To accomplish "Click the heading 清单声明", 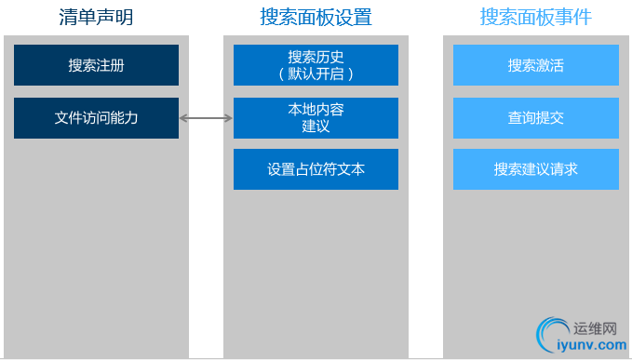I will tap(96, 17).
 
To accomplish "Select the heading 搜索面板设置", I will tap(316, 17).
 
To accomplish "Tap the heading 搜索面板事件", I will tap(535, 17).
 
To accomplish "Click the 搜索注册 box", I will tap(96, 65).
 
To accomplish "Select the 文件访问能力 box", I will tap(96, 118).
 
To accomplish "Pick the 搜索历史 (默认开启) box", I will tap(316, 65).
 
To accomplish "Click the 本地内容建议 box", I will tap(316, 118).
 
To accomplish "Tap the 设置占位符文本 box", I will tap(316, 169).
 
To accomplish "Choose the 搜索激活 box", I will tap(535, 65).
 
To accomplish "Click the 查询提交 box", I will tap(535, 118).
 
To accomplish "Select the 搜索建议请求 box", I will tap(535, 169).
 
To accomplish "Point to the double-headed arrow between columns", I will tap(206, 118).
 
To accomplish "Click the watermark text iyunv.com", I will tap(590, 345).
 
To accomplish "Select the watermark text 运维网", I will tap(596, 328).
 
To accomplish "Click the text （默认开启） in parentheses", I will tap(316, 73).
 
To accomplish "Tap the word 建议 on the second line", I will tap(316, 127).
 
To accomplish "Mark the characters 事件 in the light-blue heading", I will tap(572, 17).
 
